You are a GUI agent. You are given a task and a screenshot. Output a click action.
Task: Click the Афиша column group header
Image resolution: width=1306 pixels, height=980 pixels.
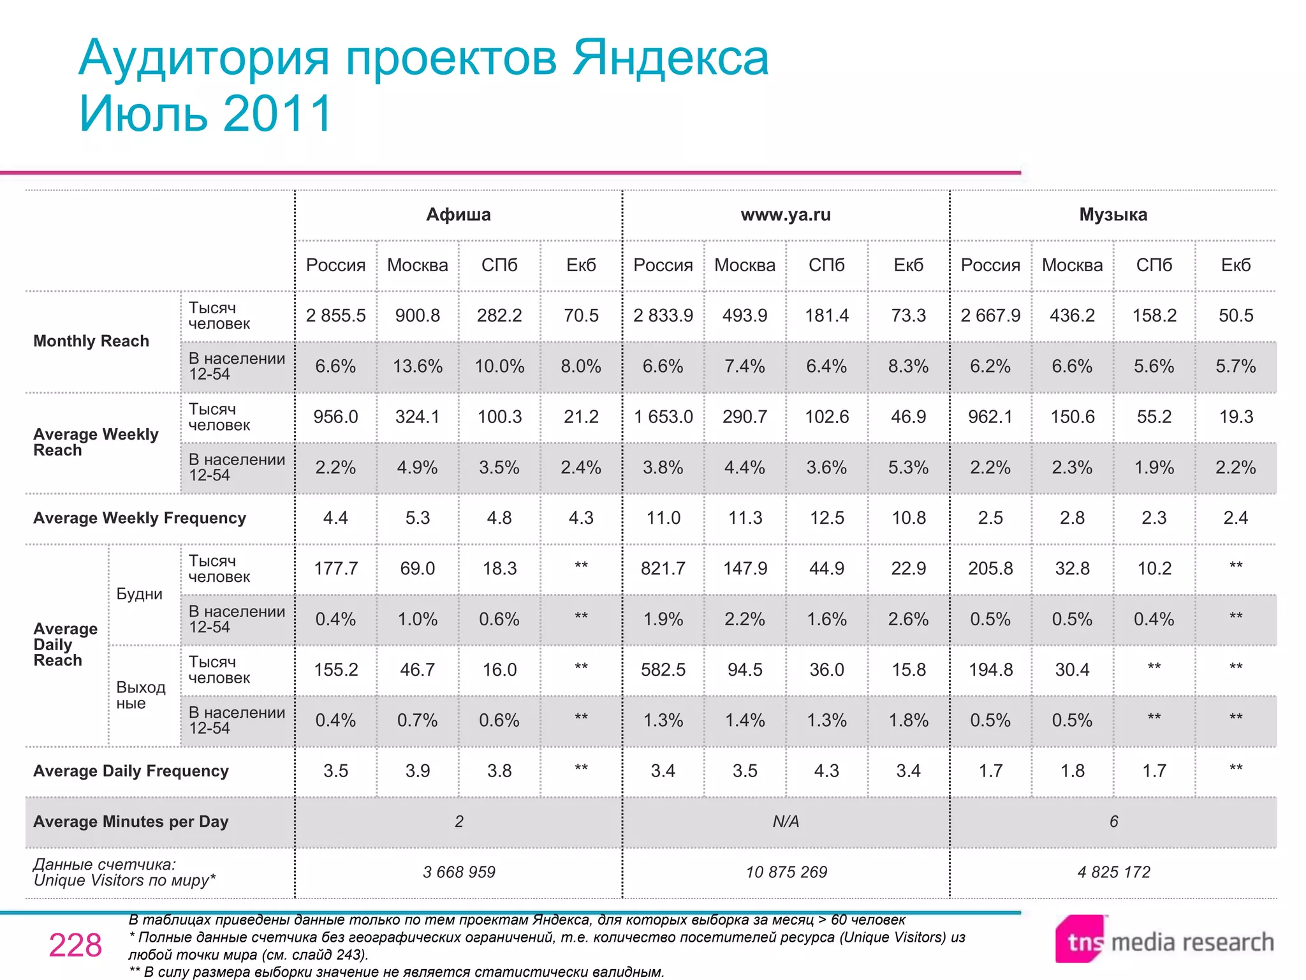click(x=459, y=215)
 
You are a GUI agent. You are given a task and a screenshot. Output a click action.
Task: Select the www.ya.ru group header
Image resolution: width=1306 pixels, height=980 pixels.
click(x=786, y=215)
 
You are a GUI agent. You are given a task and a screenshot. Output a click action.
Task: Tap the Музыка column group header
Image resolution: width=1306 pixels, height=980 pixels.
click(x=1113, y=215)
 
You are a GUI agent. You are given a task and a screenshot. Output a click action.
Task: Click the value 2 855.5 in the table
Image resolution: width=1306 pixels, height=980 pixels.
click(x=335, y=316)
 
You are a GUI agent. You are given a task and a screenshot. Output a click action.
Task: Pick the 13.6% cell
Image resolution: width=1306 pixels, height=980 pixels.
click(x=418, y=366)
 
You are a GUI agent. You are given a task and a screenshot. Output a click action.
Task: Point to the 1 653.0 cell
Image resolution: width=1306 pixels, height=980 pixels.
click(x=663, y=417)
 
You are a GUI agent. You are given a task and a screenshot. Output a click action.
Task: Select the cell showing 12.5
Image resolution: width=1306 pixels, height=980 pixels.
click(x=826, y=518)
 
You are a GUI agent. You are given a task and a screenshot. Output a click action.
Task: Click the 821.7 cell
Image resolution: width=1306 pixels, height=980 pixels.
click(x=663, y=568)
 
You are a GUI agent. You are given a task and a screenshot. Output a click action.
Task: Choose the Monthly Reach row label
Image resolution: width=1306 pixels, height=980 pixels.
click(x=91, y=341)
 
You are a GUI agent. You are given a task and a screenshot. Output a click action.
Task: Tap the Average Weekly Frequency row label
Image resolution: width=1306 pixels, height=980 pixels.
click(x=140, y=518)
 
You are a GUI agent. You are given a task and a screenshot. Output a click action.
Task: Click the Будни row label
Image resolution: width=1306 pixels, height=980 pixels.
click(x=140, y=594)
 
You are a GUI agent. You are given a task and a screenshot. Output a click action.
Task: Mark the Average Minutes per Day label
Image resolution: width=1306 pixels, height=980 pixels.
click(x=131, y=822)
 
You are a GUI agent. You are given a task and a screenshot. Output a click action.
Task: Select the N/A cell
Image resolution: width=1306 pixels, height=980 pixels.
click(x=786, y=822)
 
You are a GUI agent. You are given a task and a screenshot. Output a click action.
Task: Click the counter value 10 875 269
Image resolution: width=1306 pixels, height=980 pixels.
click(x=786, y=872)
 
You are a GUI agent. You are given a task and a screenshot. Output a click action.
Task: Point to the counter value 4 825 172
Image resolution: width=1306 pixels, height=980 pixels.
click(x=1113, y=872)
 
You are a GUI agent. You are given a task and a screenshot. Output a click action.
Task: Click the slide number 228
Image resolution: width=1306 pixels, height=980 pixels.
click(x=75, y=946)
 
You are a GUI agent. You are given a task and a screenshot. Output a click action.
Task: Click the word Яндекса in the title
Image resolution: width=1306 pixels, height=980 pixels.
click(x=670, y=58)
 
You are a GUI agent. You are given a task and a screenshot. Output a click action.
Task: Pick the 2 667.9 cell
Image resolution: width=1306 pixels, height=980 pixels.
click(x=990, y=316)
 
